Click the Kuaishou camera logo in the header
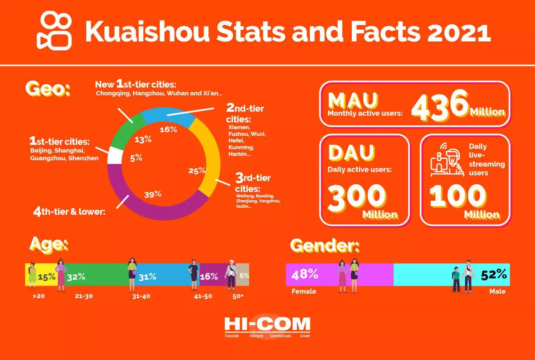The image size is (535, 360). tap(54, 31)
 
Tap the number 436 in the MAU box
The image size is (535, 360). tap(440, 105)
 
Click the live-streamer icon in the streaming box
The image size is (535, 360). tap(447, 161)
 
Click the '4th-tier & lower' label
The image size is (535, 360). tap(69, 212)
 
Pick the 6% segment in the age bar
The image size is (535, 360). tap(244, 275)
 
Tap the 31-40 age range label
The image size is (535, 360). tap(141, 296)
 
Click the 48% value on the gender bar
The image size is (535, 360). tap(305, 274)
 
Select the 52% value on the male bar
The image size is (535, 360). tap(494, 274)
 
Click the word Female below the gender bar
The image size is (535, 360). tap(304, 291)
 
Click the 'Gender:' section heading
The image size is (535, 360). tap(325, 246)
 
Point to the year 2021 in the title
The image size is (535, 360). tap(459, 32)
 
